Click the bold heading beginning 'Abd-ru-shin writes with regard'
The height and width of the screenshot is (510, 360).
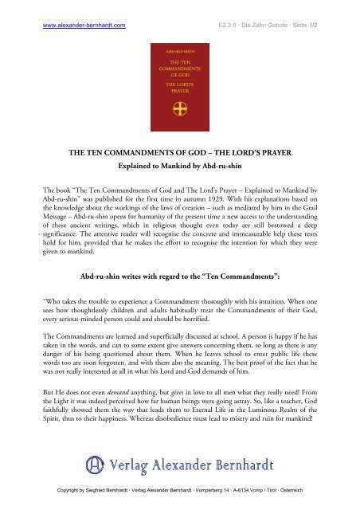click(x=179, y=277)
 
